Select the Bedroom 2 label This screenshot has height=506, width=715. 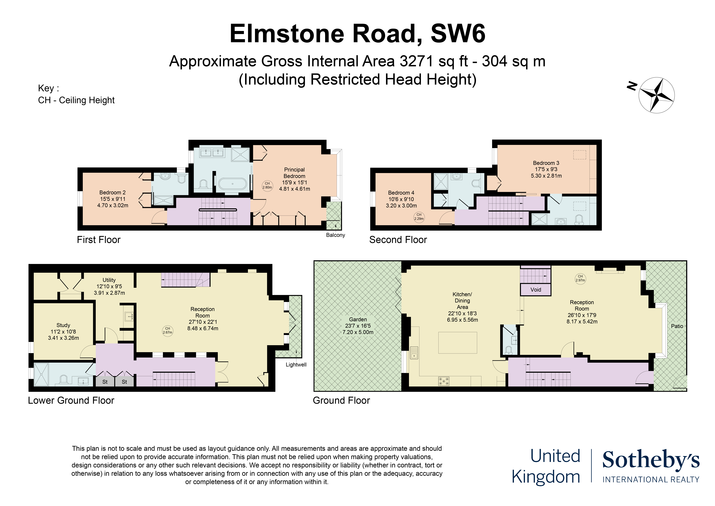pos(112,193)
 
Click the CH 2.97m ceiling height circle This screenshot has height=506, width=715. pos(580,278)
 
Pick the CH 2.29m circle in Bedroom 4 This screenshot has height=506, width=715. pos(419,217)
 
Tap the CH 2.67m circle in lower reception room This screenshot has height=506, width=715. pos(168,331)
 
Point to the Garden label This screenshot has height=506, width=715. pos(358,319)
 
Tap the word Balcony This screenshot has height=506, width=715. pos(335,235)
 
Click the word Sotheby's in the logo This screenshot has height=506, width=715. pos(651,460)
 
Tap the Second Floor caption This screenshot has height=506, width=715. pos(398,240)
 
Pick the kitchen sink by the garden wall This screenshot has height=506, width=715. pos(414,353)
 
